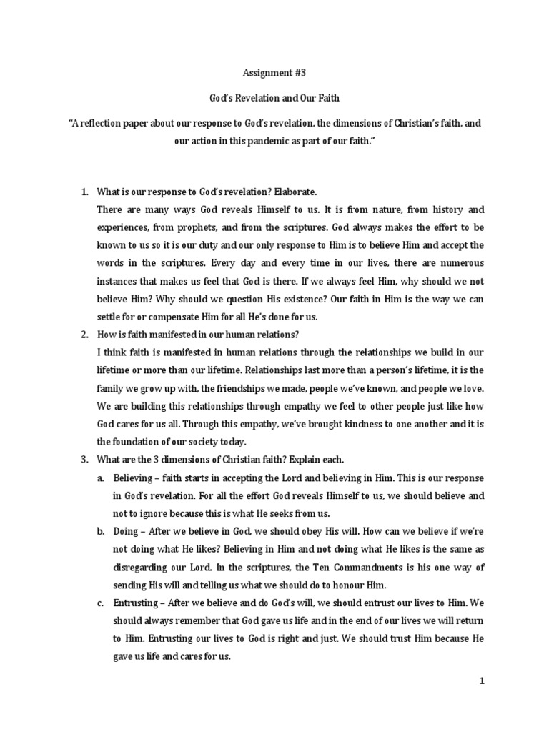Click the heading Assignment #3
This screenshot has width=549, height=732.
274,72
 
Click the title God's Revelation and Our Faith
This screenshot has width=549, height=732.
274,98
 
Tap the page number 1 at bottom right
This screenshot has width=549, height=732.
482,682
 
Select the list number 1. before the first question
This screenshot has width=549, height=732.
84,192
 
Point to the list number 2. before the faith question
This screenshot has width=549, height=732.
84,332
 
